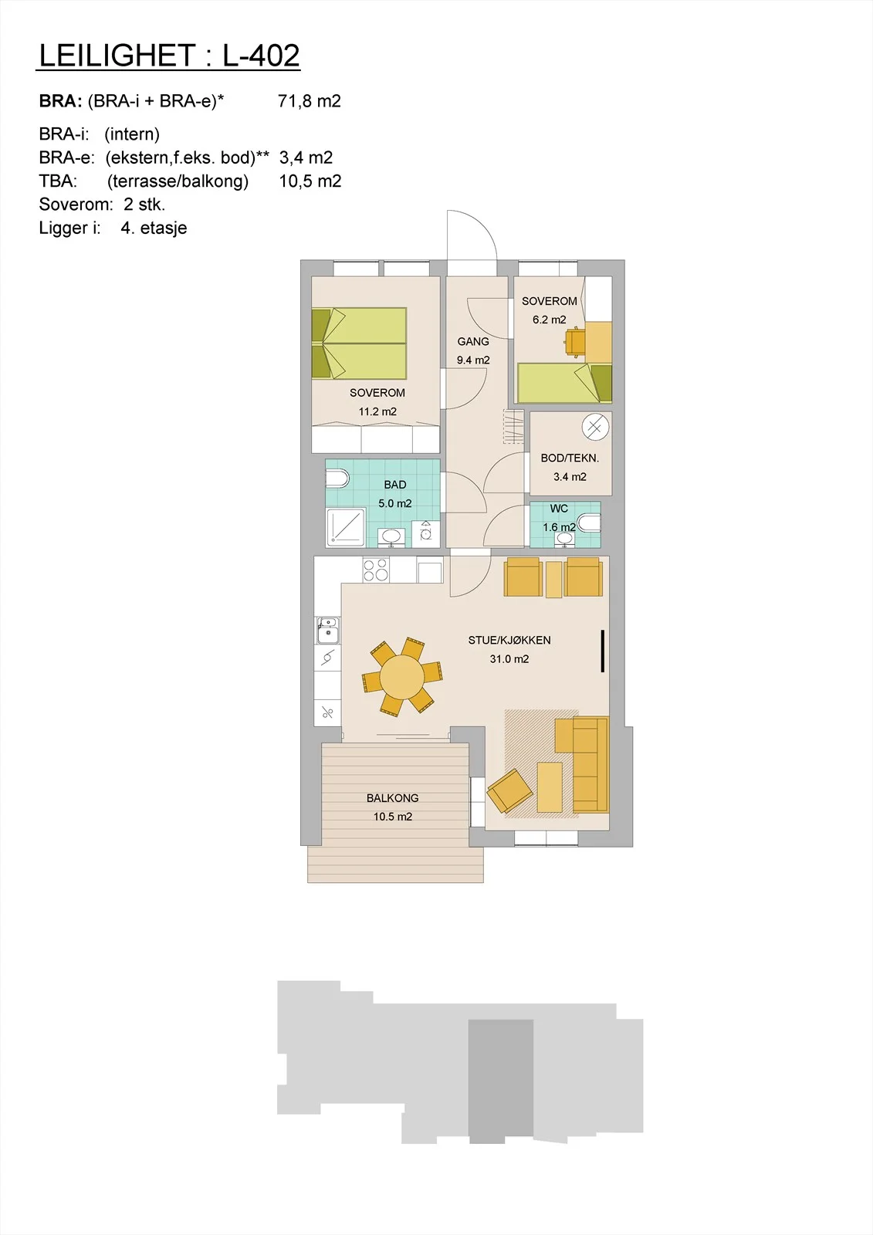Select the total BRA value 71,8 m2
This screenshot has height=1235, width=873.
pos(310,101)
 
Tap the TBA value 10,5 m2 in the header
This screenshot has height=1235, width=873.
pos(310,181)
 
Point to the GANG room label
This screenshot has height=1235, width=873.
pos(473,342)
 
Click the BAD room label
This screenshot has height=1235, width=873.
pos(395,485)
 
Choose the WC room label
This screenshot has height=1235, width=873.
pos(559,509)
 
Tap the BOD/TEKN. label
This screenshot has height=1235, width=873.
pos(570,458)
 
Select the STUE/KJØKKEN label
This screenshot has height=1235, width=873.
pos(509,640)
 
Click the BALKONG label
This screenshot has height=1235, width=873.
pos(393,798)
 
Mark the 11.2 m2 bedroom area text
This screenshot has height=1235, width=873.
pos(377,411)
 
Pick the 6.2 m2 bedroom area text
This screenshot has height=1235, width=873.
pos(550,320)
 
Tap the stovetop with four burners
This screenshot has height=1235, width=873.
pos(376,570)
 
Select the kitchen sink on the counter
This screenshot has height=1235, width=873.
pos(327,630)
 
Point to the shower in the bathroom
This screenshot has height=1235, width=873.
pos(346,528)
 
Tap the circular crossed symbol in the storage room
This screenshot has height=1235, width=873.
pos(596,428)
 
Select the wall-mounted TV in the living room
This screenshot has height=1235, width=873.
pos(603,651)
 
